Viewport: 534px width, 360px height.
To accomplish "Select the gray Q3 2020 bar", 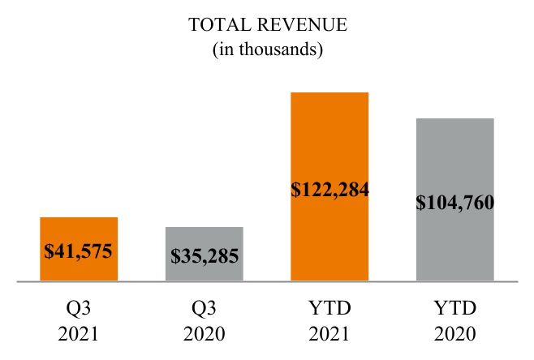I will pos(205,240).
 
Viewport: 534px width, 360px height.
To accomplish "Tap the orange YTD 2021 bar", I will pos(329,138).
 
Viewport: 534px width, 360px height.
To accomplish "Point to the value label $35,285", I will pos(205,257).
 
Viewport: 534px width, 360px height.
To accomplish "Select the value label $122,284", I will pos(329,191).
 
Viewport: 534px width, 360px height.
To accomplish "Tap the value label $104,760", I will pos(454,203).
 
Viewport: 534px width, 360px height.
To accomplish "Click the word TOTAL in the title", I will pos(217,25).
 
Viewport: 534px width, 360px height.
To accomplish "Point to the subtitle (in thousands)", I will pos(268,49).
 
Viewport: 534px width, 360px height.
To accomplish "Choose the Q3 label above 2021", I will pos(79,309).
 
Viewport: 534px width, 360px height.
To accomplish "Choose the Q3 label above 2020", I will pos(205,309).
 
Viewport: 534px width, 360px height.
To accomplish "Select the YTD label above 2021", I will pos(329,309).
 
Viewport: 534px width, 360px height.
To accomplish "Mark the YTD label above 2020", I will pos(454,309).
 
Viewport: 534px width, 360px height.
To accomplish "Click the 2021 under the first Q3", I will pos(79,334).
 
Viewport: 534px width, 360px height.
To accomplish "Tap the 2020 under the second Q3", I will pos(205,334).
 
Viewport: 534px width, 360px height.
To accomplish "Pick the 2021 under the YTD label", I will pos(329,334).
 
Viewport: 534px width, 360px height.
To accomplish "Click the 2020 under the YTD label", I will pos(454,334).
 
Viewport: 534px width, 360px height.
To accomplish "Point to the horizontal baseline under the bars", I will pos(268,282).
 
